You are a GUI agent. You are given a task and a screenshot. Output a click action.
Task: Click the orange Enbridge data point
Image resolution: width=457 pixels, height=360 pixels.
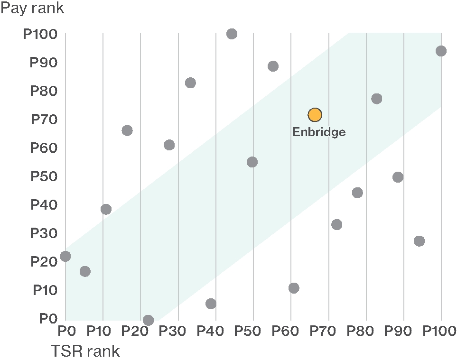coord(315,115)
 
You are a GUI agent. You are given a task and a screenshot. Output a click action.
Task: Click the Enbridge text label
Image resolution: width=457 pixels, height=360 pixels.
coord(319,132)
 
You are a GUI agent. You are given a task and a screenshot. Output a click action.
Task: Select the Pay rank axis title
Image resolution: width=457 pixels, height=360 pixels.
coord(32,8)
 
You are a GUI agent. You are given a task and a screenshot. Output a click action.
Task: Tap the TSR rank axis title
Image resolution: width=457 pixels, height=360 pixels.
coord(85,351)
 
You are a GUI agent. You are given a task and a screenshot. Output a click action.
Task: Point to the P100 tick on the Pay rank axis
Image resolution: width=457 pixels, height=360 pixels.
coord(40,34)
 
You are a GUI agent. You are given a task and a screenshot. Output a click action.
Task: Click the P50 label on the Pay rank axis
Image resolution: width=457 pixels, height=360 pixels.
coord(44,176)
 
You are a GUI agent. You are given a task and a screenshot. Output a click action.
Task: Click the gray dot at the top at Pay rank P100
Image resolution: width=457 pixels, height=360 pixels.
coord(232,34)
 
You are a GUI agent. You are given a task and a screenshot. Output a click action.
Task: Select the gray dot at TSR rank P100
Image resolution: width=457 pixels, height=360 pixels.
coord(441,51)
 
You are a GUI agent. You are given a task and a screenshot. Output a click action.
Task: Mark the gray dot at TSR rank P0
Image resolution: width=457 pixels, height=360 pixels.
coord(65,256)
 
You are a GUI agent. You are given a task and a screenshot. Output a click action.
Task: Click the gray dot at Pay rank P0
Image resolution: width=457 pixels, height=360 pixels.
coord(148,320)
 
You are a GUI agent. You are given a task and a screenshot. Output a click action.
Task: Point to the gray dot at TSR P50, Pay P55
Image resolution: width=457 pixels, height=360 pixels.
coord(252,162)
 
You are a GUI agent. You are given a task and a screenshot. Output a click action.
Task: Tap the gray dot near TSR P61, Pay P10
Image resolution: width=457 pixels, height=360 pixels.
coord(294,288)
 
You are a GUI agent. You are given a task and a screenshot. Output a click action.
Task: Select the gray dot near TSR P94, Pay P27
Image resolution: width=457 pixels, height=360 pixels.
coord(419,241)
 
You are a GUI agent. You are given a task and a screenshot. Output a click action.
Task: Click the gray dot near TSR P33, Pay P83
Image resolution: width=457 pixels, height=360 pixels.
coord(190,83)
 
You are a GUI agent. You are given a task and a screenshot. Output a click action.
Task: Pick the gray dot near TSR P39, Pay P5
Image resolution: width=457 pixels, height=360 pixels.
coord(211,304)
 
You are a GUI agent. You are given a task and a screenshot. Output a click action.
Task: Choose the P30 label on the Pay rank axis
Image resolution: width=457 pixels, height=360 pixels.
coord(44,233)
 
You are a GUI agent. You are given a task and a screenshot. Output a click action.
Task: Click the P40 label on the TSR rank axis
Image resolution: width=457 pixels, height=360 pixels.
coord(215,331)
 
